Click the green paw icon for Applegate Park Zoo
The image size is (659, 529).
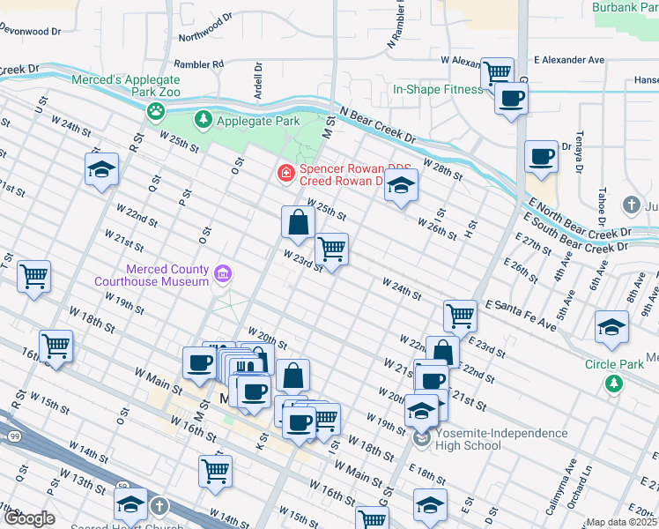tap(156, 110)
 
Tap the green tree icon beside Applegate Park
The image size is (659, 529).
tap(204, 118)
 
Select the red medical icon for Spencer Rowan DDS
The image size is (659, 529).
tap(285, 173)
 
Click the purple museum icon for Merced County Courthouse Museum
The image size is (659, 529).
tap(222, 275)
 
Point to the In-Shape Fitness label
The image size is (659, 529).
tap(438, 89)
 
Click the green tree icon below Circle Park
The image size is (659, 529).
tap(613, 384)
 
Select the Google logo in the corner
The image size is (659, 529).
tap(28, 518)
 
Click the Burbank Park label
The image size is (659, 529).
tap(627, 8)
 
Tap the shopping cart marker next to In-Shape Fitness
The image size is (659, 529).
tap(498, 71)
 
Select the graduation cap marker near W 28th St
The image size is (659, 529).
tap(401, 186)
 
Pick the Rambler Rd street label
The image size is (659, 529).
tap(199, 63)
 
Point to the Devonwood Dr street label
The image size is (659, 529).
tap(30, 29)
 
